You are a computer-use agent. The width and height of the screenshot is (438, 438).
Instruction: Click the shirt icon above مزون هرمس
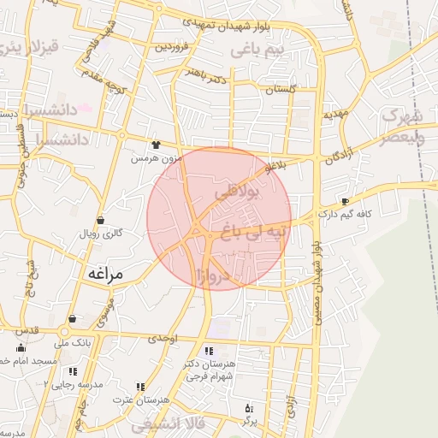pos(155,145)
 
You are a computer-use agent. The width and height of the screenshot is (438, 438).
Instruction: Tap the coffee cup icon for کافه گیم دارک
pos(346,202)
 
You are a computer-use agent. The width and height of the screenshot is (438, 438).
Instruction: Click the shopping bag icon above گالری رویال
pos(101,220)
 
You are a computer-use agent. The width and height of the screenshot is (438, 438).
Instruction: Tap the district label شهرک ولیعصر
pos(402,125)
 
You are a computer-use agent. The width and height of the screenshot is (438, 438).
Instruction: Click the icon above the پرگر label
pos(249,407)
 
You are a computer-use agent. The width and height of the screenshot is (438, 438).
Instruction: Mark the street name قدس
pos(27,329)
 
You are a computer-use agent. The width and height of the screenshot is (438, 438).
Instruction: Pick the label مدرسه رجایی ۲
pos(74,384)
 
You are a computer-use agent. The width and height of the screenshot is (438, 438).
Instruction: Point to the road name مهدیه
pos(333,114)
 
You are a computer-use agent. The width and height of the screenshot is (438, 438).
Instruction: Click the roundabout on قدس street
pos(64,332)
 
